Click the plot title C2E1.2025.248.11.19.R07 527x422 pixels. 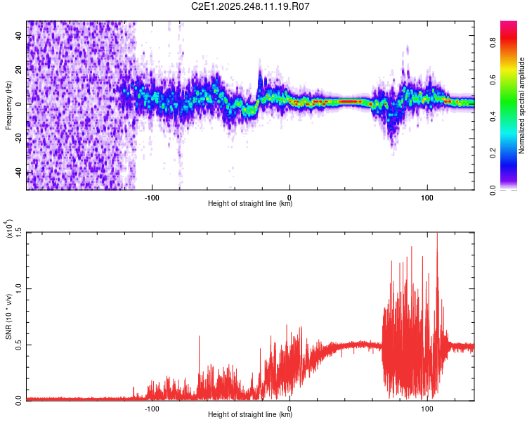[x=250, y=6]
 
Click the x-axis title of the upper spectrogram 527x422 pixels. [x=250, y=203]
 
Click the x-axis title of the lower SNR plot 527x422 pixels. [x=250, y=414]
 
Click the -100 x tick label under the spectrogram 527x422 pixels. [x=152, y=197]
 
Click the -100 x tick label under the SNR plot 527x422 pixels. [x=152, y=408]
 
